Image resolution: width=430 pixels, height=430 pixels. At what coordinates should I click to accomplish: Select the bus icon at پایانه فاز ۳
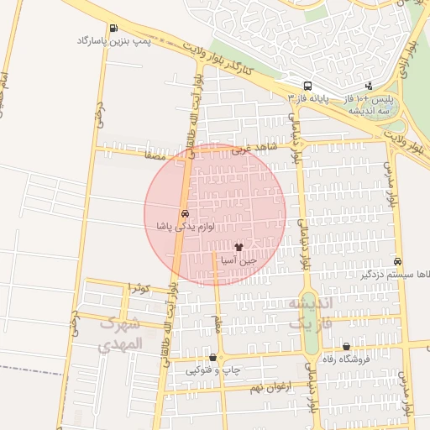pos(308,85)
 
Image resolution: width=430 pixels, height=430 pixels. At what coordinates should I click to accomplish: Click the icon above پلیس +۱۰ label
pos(370,85)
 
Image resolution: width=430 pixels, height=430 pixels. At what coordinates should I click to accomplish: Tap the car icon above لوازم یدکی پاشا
pos(185,213)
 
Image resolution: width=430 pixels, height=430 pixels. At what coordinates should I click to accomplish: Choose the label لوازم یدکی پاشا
pos(185,227)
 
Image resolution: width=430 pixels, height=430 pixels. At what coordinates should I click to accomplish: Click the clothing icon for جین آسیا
pos(239,248)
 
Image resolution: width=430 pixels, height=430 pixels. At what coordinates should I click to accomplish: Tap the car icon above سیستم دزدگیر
pos(397,261)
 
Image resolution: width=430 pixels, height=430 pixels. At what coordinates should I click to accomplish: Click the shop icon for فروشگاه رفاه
pos(346,346)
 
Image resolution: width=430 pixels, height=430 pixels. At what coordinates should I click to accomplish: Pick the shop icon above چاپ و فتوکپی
pos(212,357)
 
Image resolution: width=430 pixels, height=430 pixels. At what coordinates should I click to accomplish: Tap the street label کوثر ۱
pos(139,288)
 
